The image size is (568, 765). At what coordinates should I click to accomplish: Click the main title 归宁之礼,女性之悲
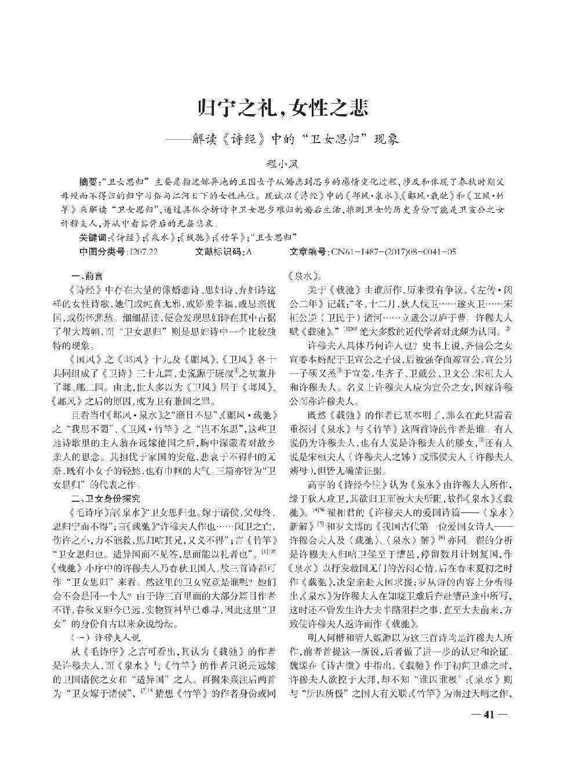(283, 108)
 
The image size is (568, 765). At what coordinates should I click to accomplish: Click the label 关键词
(93, 238)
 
